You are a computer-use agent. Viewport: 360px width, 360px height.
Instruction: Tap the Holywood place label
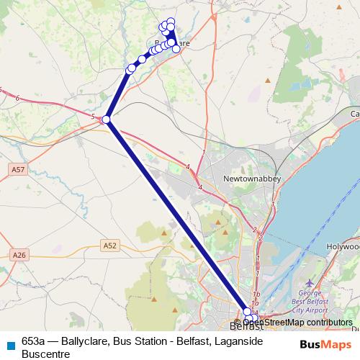tap(344, 246)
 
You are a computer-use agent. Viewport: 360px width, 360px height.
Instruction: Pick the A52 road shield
tap(110, 246)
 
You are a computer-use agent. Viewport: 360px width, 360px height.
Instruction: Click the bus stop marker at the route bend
tap(106, 120)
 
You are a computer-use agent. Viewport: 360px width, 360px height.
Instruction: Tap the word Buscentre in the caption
tap(45, 354)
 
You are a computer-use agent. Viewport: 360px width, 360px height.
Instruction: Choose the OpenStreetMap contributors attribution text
tap(302, 323)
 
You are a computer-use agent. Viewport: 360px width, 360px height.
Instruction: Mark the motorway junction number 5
tap(93, 116)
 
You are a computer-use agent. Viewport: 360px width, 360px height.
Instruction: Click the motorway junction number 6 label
tap(16, 97)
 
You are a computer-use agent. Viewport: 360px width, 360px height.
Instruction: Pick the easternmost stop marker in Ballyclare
tap(176, 49)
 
